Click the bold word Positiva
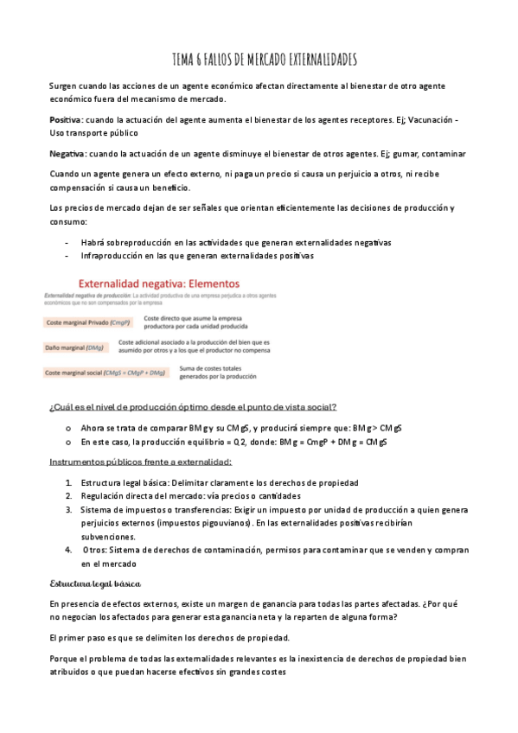65,118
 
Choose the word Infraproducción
114,256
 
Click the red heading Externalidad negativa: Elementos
160,283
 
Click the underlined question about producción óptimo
193,407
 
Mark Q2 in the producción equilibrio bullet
249,442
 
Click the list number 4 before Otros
68,550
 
